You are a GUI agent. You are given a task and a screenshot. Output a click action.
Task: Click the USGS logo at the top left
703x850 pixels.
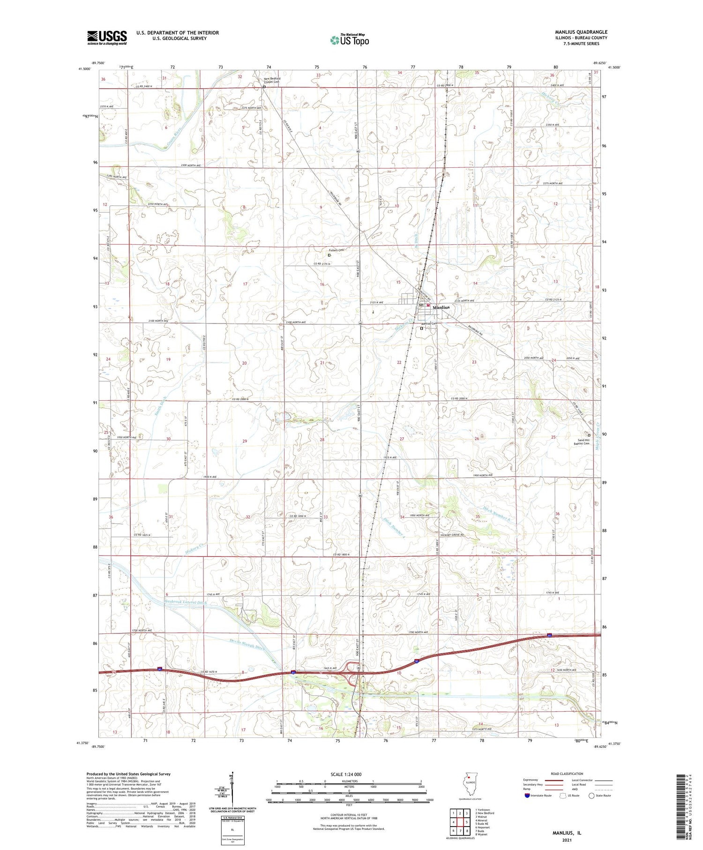click(107, 38)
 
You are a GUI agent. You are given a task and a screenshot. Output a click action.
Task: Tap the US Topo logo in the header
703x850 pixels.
click(350, 40)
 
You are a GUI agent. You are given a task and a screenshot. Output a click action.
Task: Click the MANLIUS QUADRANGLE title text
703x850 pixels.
click(581, 32)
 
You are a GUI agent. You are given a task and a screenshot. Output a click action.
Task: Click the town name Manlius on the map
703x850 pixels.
click(441, 308)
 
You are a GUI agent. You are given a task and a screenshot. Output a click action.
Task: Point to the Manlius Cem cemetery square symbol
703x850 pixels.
click(421, 328)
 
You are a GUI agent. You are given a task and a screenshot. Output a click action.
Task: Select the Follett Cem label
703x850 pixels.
click(336, 250)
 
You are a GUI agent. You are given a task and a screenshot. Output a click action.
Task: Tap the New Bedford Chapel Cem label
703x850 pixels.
click(272, 80)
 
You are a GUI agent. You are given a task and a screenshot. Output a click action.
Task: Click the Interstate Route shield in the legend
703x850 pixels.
click(527, 796)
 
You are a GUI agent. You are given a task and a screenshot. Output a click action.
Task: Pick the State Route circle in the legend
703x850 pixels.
click(592, 796)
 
